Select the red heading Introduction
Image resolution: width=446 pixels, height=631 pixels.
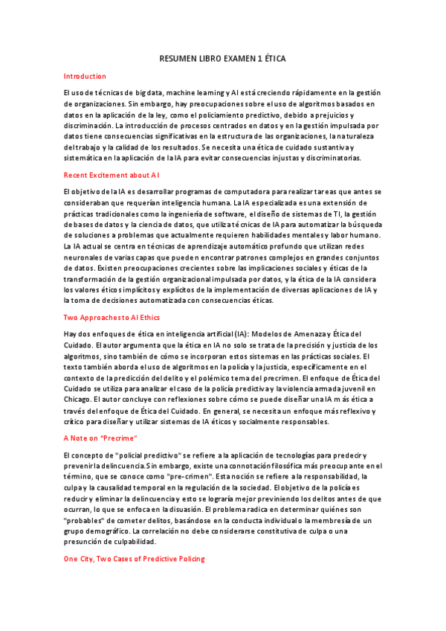[x=85, y=76]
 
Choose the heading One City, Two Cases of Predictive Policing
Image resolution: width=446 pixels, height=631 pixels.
[x=134, y=558]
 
